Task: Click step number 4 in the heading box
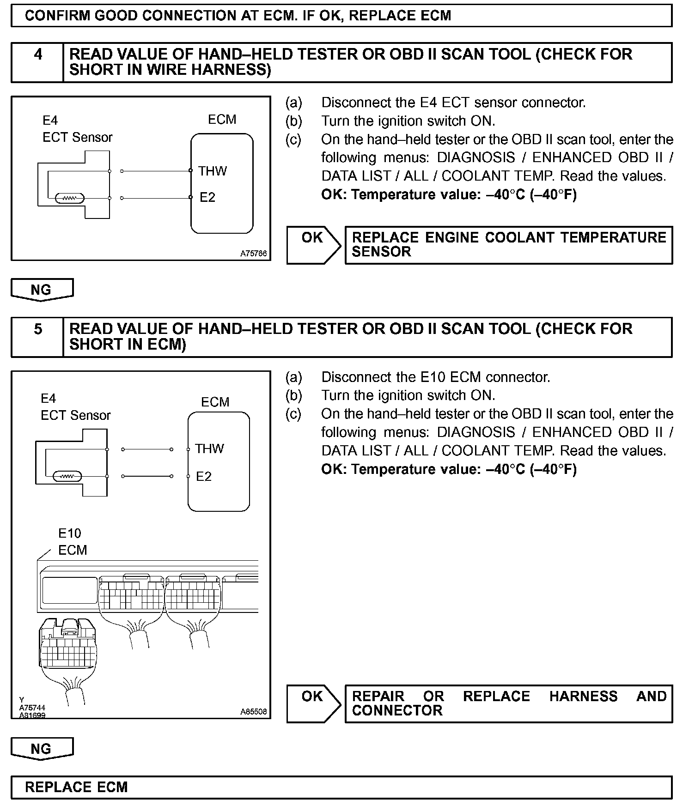tap(38, 55)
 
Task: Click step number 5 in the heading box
tap(38, 329)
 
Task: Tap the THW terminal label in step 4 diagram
tap(213, 171)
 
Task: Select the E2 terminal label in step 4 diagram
tap(207, 198)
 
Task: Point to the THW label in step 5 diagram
tap(209, 448)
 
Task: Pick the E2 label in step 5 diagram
tap(204, 476)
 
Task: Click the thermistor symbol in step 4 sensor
tap(69, 199)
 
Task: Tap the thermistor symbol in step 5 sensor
tap(67, 476)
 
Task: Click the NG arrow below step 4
tap(42, 290)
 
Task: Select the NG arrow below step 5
tap(42, 749)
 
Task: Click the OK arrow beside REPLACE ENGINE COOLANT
tap(313, 244)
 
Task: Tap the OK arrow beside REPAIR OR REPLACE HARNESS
tap(313, 703)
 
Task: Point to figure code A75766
tap(253, 254)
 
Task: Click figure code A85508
tap(253, 712)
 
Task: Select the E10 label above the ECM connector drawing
tap(69, 533)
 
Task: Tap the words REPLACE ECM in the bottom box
tap(76, 787)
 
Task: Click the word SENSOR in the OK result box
tap(381, 252)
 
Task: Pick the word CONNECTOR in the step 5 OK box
tap(397, 710)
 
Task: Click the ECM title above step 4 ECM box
tap(222, 120)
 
